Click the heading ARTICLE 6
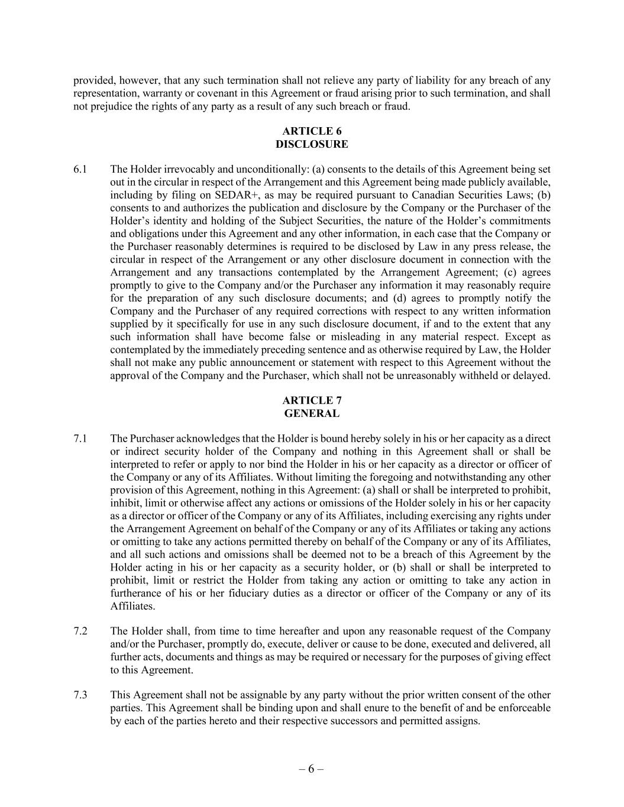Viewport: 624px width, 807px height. coord(312,131)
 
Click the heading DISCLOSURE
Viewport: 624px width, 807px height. coord(312,144)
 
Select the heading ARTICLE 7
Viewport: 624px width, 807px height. coord(312,401)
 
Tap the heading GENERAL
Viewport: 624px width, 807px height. coord(312,414)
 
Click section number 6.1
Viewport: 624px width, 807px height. coord(80,170)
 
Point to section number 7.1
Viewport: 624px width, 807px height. coord(80,439)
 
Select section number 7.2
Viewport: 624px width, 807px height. coord(80,631)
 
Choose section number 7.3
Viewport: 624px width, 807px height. coord(80,695)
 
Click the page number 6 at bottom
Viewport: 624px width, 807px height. coord(311,769)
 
